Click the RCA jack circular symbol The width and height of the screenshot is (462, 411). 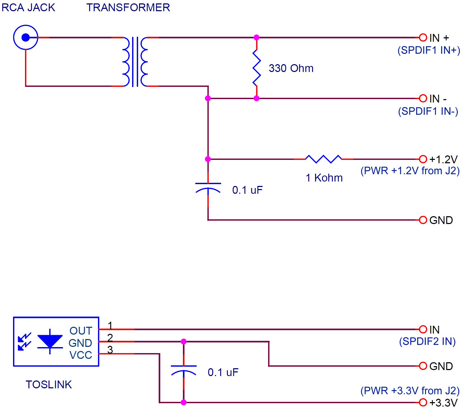(26, 37)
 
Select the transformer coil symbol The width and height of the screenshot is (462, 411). (135, 62)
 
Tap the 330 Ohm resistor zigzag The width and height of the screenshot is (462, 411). (257, 68)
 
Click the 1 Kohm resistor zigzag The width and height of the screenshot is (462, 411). (323, 159)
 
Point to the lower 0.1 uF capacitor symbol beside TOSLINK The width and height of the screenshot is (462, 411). (183, 370)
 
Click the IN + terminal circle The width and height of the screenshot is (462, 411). (423, 38)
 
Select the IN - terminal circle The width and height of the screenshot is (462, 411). (423, 98)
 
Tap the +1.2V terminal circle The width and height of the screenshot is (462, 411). (423, 159)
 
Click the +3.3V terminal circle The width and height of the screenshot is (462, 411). (423, 402)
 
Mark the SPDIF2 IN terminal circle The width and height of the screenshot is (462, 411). (423, 329)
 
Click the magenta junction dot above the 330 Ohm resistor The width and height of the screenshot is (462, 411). (256, 37)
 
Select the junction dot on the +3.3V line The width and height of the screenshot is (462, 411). (183, 402)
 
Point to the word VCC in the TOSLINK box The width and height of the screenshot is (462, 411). (81, 355)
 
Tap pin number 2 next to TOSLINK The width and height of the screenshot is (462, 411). (110, 338)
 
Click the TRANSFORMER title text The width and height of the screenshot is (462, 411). (128, 8)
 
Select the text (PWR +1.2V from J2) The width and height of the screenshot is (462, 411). (410, 171)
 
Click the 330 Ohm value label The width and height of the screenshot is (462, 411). (291, 68)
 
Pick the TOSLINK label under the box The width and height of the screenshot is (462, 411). (48, 384)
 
